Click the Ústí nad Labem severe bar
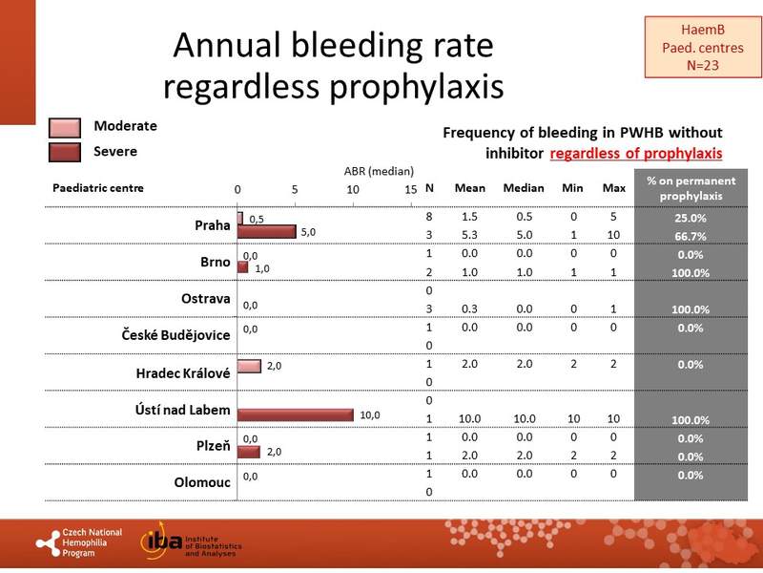click(x=296, y=414)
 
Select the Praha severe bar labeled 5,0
click(x=267, y=231)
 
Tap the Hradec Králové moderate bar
click(x=249, y=366)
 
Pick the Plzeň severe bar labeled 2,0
click(x=249, y=451)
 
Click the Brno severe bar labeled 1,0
click(x=243, y=267)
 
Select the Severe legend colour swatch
click(x=64, y=152)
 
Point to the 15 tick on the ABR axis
click(x=411, y=189)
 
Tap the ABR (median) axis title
click(x=380, y=172)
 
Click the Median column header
click(x=523, y=187)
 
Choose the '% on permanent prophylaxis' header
click(x=691, y=187)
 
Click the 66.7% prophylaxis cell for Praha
click(x=691, y=236)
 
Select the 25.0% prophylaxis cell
click(x=691, y=218)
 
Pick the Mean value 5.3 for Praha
click(x=469, y=236)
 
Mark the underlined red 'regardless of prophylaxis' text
click(x=635, y=153)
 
